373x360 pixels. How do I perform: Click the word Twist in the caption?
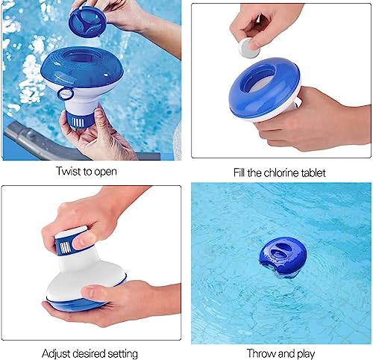68,172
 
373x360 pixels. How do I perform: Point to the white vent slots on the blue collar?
66,244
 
